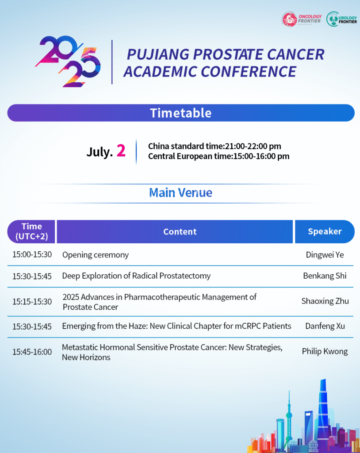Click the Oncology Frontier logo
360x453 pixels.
pyautogui.click(x=302, y=19)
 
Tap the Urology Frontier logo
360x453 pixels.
pyautogui.click(x=341, y=19)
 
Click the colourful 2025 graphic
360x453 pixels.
pyautogui.click(x=68, y=61)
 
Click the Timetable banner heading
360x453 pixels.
pyautogui.click(x=181, y=113)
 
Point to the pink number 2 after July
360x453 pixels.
pyautogui.click(x=121, y=150)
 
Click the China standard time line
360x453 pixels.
pyautogui.click(x=214, y=146)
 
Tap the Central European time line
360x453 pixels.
pyautogui.click(x=219, y=156)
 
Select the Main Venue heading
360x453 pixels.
pyautogui.click(x=180, y=192)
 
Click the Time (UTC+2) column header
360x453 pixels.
pyautogui.click(x=31, y=231)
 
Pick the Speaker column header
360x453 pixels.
pyautogui.click(x=325, y=231)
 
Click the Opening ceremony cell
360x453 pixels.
pyautogui.click(x=96, y=255)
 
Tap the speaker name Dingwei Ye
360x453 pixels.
pyautogui.click(x=325, y=254)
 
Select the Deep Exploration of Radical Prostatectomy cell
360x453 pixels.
pyautogui.click(x=136, y=276)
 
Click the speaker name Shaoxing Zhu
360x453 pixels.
pyautogui.click(x=325, y=301)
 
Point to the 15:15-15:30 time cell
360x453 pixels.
pyautogui.click(x=32, y=302)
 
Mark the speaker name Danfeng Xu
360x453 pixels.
pyautogui.click(x=325, y=326)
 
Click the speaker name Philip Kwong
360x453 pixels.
pyautogui.click(x=325, y=351)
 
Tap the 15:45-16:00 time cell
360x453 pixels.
pyautogui.click(x=32, y=352)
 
